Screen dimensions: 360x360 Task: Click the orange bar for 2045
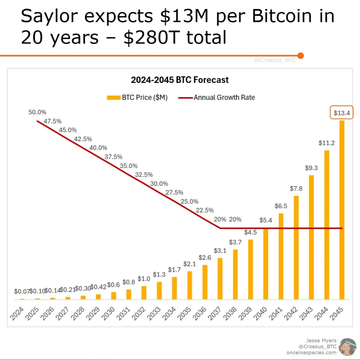point(342,210)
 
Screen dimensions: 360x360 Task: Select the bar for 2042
point(296,248)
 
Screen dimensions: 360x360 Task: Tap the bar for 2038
point(235,274)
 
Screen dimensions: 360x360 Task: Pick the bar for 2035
point(189,285)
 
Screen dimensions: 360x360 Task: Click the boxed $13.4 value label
point(342,113)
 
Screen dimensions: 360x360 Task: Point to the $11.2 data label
point(327,143)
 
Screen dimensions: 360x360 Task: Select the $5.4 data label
point(266,220)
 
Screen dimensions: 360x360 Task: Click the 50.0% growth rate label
point(37,112)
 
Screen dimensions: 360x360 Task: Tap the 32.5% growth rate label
point(144,175)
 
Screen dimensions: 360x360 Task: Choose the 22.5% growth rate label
point(205,210)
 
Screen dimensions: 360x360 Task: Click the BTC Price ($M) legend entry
point(137,97)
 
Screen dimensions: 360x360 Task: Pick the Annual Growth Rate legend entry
point(217,97)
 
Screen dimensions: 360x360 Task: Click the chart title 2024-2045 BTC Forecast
point(180,80)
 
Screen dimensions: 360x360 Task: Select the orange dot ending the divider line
point(301,56)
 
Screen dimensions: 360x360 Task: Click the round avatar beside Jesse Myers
point(347,347)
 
